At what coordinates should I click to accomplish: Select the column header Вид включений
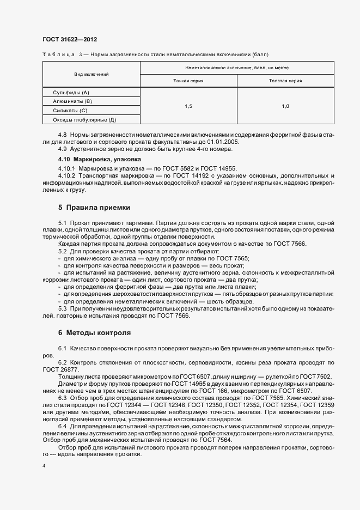[x=91, y=74]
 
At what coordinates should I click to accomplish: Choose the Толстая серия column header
[x=285, y=81]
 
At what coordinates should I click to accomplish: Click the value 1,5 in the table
[x=188, y=106]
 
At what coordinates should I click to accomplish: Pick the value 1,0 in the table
[x=285, y=106]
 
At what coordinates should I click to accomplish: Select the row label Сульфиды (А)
[x=71, y=93]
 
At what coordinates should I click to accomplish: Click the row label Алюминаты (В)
[x=72, y=101]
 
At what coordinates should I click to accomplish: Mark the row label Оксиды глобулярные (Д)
[x=84, y=119]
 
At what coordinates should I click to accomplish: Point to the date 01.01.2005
[x=223, y=141]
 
